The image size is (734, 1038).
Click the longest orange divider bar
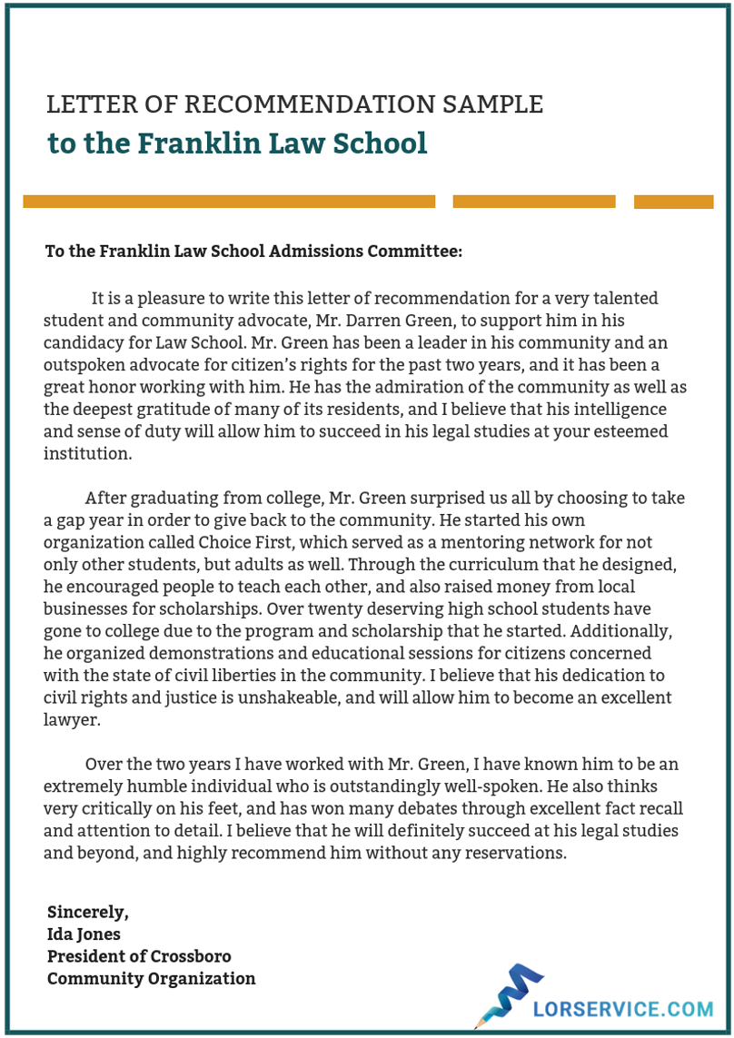click(x=229, y=202)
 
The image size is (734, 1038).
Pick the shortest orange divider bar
click(x=673, y=202)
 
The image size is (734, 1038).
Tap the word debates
click(x=386, y=807)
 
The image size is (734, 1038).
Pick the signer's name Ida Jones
click(x=84, y=934)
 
